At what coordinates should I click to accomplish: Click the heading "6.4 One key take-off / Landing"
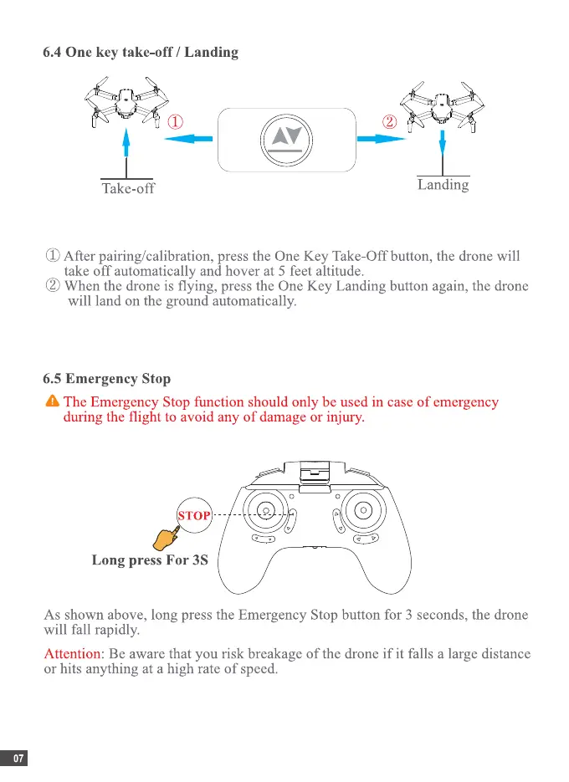[x=141, y=53]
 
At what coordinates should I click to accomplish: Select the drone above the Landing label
[x=441, y=101]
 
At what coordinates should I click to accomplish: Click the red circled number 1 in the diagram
[x=176, y=122]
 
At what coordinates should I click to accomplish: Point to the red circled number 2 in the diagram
[x=389, y=122]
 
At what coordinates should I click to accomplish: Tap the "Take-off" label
[x=128, y=188]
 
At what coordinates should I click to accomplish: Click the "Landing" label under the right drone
[x=443, y=185]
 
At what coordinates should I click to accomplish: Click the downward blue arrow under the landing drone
[x=442, y=151]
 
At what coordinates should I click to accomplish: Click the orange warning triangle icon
[x=53, y=402]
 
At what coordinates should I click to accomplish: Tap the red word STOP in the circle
[x=193, y=516]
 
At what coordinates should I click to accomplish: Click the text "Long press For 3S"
[x=149, y=560]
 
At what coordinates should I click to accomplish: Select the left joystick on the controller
[x=264, y=509]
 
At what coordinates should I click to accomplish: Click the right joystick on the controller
[x=365, y=509]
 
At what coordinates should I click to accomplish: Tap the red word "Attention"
[x=71, y=652]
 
